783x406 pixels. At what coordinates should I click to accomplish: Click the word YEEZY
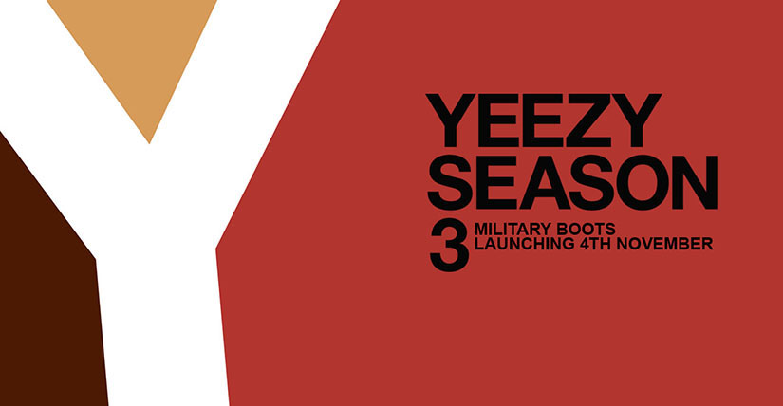pyautogui.click(x=543, y=120)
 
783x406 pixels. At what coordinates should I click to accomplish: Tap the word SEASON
pyautogui.click(x=572, y=182)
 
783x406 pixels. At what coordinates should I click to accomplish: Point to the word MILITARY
pyautogui.click(x=507, y=230)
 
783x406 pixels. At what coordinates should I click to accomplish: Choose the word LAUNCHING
pyautogui.click(x=524, y=244)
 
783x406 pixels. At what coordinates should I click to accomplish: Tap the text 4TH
pyautogui.click(x=596, y=244)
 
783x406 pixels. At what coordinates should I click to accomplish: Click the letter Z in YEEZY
pyautogui.click(x=587, y=120)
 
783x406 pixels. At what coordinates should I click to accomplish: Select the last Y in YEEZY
pyautogui.click(x=636, y=120)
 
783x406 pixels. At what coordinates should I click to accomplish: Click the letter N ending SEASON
pyautogui.click(x=695, y=182)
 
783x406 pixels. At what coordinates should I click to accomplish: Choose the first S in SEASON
pyautogui.click(x=449, y=182)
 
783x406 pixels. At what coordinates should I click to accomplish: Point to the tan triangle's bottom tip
pyautogui.click(x=149, y=143)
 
